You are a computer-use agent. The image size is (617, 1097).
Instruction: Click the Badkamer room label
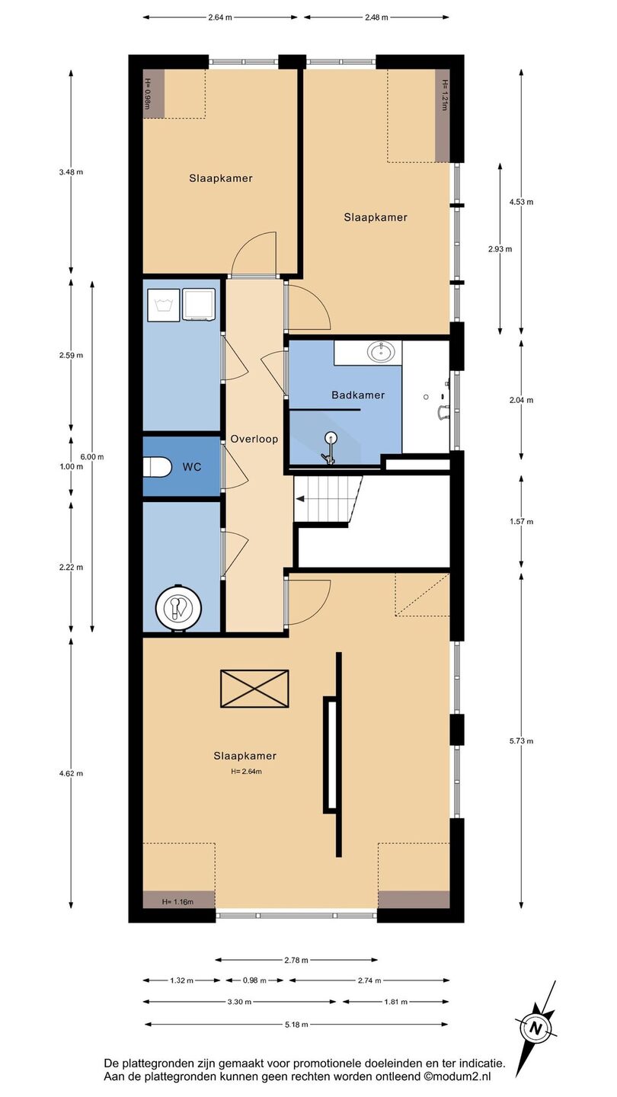point(358,395)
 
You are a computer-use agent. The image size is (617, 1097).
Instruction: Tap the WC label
point(192,467)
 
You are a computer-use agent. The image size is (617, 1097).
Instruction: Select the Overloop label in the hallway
point(254,440)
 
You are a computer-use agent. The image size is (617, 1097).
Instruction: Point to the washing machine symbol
point(162,305)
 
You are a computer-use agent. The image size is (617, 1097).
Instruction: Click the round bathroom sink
point(382,351)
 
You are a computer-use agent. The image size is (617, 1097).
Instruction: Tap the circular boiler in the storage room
point(179,607)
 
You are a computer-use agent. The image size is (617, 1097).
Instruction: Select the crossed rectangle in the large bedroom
point(254,689)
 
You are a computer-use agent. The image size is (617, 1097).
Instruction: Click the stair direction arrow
point(299,499)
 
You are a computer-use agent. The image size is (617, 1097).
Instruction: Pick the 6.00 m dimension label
point(93,457)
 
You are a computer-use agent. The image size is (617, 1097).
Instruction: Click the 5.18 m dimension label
point(296,1025)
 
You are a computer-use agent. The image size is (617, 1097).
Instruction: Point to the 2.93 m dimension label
point(500,249)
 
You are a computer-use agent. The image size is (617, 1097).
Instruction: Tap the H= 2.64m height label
point(246,771)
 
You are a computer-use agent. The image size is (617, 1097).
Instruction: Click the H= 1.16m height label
point(177,902)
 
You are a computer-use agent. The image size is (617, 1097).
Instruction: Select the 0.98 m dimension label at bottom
point(254,980)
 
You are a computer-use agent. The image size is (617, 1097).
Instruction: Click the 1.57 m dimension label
point(521,522)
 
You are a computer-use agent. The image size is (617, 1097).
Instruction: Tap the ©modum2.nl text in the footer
point(457,1077)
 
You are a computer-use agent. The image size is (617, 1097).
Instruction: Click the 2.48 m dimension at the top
point(376,18)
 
